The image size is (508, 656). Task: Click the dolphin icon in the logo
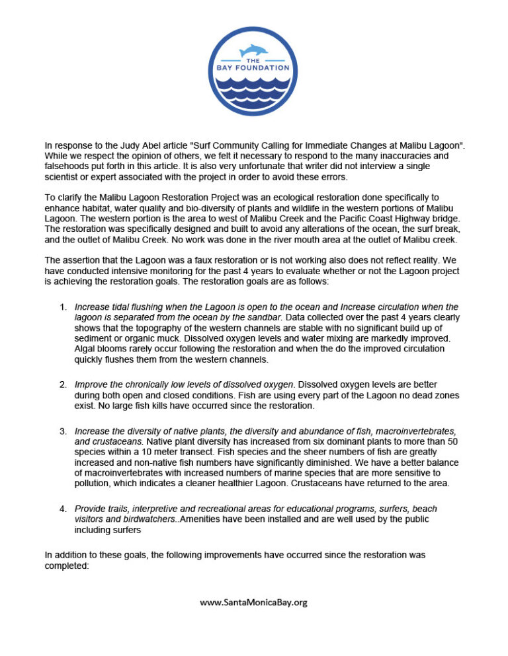[x=254, y=50]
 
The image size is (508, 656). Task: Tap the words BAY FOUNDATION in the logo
[x=254, y=67]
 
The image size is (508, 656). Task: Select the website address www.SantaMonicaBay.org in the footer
[x=254, y=602]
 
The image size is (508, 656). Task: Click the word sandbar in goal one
[x=265, y=317]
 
